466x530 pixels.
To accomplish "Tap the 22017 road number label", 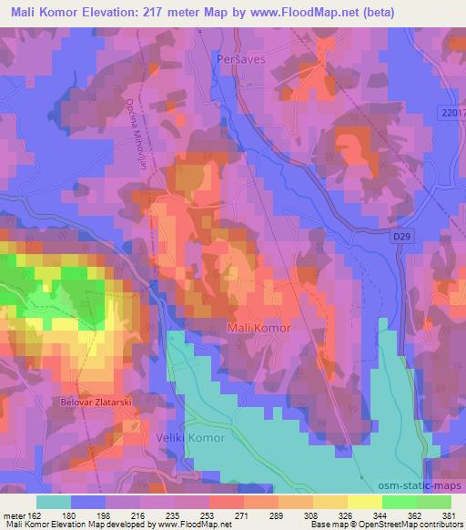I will [451, 111].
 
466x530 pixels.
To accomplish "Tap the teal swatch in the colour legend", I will [54, 501].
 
